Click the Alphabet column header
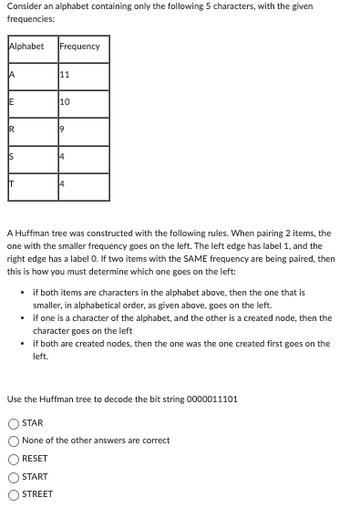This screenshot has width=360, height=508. (26, 47)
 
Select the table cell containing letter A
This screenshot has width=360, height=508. (30, 75)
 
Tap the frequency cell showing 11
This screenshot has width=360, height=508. (82, 75)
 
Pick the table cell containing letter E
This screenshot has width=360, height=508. (30, 102)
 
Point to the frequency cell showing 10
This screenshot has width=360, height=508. (82, 102)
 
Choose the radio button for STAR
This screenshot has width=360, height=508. (14, 423)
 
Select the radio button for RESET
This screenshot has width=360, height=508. (14, 459)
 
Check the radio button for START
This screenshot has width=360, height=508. (14, 477)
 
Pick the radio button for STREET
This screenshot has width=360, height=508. (14, 494)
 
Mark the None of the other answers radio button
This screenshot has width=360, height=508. (14, 441)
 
